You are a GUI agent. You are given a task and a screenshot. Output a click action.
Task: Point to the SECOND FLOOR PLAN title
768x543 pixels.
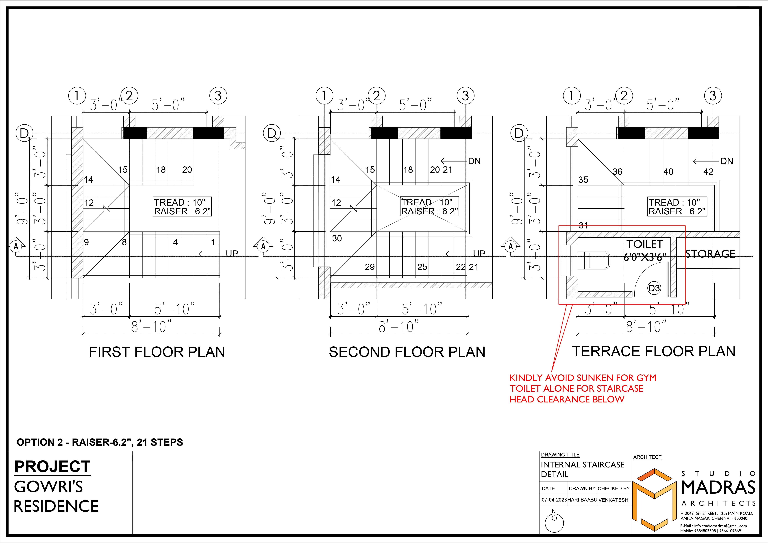pyautogui.click(x=407, y=352)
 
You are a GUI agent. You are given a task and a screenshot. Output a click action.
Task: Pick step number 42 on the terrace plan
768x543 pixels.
pyautogui.click(x=708, y=172)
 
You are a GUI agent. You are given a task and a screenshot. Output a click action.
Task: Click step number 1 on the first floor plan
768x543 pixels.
pyautogui.click(x=213, y=242)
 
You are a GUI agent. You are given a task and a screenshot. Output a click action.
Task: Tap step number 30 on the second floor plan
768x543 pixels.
pyautogui.click(x=337, y=238)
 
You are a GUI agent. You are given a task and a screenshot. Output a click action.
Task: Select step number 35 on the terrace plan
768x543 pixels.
pyautogui.click(x=583, y=180)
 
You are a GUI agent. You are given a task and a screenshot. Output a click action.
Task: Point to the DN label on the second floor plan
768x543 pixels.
pyautogui.click(x=474, y=161)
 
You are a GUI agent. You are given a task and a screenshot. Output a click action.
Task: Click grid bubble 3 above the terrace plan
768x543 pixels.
pyautogui.click(x=712, y=96)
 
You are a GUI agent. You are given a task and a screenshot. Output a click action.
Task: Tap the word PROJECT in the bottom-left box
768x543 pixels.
pyautogui.click(x=52, y=467)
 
